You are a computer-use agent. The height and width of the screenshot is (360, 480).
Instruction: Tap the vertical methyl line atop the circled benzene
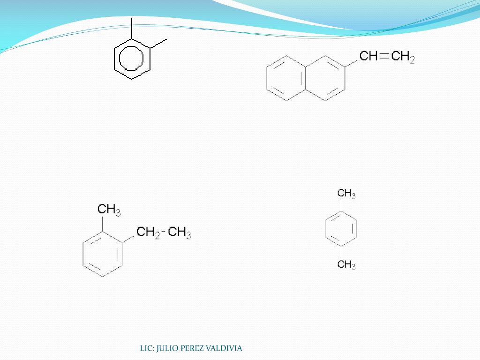[132, 29]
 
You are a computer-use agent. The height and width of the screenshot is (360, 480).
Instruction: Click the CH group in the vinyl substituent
[368, 57]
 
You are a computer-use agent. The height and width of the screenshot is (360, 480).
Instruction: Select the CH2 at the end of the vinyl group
[403, 58]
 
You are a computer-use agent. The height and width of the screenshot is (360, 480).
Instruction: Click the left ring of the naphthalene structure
[286, 79]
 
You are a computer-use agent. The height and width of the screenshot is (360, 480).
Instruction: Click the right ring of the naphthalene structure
[325, 79]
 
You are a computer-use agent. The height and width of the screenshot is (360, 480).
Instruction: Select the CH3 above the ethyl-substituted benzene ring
[109, 210]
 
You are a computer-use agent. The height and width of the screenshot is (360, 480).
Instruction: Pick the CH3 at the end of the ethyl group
[180, 232]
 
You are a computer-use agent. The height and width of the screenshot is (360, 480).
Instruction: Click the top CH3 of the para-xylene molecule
[346, 194]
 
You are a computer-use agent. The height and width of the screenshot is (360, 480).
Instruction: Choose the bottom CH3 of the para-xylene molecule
[346, 265]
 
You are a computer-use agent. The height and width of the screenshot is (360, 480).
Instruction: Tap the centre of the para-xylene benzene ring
[341, 229]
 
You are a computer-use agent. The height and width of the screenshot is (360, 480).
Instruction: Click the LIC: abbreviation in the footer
[147, 348]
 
